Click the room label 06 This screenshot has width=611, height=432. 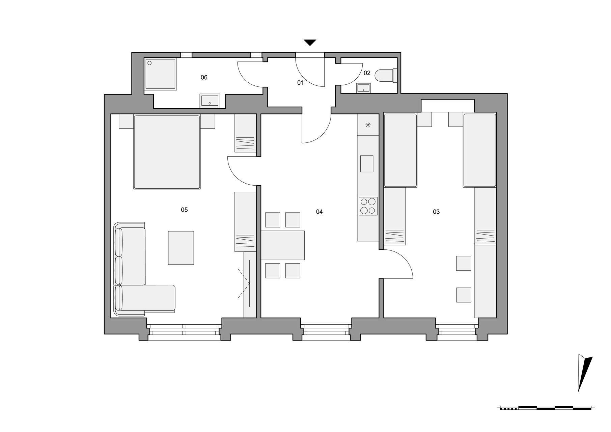point(204,77)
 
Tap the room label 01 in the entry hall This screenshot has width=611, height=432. point(300,82)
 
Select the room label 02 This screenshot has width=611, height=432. point(367,73)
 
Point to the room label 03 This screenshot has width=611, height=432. point(436,212)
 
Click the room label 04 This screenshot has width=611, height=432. point(319,212)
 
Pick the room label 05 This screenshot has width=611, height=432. point(184,210)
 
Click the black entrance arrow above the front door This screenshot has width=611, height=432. point(310,43)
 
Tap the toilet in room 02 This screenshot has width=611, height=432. point(387,76)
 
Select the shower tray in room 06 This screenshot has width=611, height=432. point(161,74)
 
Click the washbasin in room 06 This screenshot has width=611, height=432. point(210,101)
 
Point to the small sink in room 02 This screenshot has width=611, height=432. point(363,88)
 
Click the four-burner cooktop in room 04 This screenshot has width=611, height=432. point(368,206)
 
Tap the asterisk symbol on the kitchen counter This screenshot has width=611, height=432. point(368,125)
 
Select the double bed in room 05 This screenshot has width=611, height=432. point(167,152)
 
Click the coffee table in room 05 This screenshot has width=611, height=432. point(181,248)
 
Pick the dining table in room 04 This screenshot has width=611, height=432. point(283,245)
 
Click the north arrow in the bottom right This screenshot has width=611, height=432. point(584,373)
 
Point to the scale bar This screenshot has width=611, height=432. point(546,408)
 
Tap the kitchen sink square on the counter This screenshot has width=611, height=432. point(367,164)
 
